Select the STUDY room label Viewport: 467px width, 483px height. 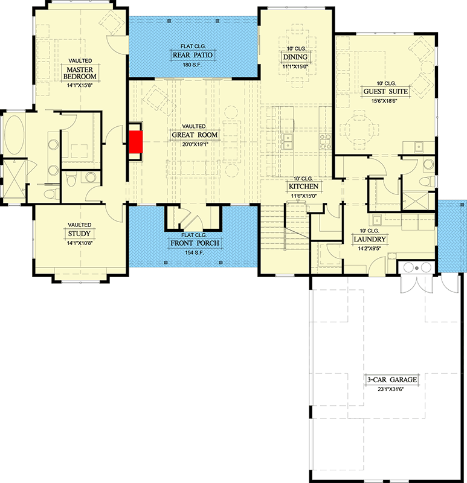pos(79,232)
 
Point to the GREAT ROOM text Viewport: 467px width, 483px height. pos(193,135)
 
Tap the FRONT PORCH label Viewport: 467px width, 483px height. pos(194,243)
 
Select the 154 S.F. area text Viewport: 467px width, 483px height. pos(194,252)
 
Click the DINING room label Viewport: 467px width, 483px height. pos(295,57)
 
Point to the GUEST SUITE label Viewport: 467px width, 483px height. pos(385,92)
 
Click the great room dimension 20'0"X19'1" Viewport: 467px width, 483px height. pos(193,144)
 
